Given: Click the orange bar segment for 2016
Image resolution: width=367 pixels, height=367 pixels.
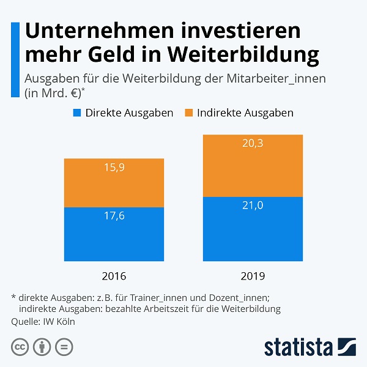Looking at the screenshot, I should click(114, 183).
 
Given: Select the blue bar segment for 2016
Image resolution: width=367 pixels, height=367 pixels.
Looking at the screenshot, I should click(114, 234).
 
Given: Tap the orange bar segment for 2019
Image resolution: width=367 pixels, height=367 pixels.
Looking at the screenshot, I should click(253, 166).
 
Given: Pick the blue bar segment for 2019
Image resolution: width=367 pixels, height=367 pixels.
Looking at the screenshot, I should click(253, 229).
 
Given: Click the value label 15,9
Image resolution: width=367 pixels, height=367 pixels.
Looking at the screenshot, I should click(114, 168).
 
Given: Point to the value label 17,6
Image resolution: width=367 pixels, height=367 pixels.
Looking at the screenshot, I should click(114, 216).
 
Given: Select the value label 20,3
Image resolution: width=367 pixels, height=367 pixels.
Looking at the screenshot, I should click(253, 144).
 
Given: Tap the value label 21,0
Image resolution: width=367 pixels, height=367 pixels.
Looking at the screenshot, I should click(253, 206).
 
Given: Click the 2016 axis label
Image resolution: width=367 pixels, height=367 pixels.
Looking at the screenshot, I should click(114, 276).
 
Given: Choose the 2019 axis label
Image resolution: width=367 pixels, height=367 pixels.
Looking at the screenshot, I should click(253, 276).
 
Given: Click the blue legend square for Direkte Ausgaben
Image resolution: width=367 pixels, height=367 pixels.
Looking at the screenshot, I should click(77, 113).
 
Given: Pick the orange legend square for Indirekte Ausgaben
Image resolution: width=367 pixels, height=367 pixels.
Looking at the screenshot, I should click(189, 113).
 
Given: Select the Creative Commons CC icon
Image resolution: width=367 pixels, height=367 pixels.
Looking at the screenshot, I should click(20, 347).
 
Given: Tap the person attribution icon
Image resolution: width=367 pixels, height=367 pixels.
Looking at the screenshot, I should click(42, 347).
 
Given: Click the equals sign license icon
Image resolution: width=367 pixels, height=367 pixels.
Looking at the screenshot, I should click(64, 347).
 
